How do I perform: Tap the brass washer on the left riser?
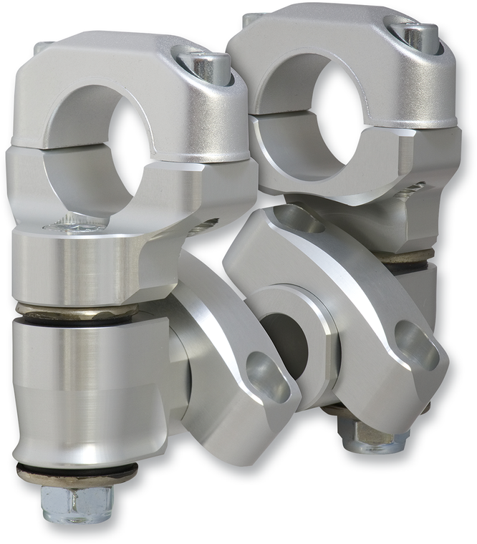[x=75, y=311]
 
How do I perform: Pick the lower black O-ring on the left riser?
[x=75, y=472]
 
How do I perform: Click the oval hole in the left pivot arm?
[x=268, y=376]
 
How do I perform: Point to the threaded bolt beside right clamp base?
[x=411, y=190]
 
